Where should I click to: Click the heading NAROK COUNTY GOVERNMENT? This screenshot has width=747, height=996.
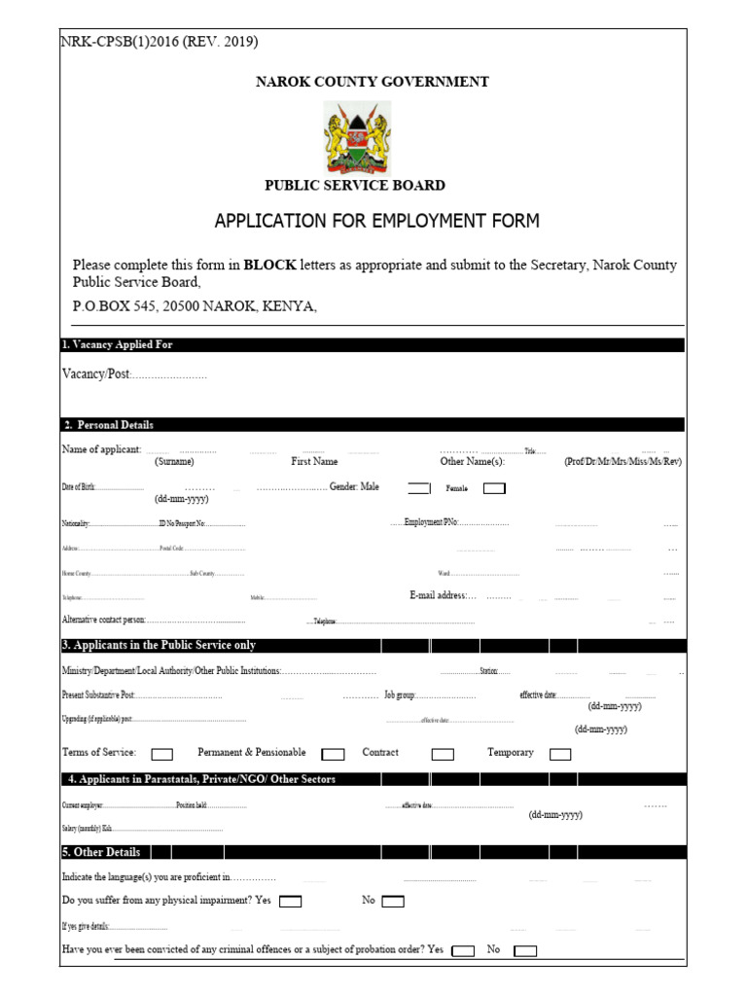tap(372, 82)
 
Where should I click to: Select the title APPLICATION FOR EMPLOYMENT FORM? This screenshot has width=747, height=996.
tap(376, 221)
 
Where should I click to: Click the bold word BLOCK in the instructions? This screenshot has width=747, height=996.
tap(269, 265)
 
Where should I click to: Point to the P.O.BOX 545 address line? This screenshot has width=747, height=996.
tap(195, 306)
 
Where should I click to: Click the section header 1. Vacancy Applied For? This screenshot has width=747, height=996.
tap(118, 345)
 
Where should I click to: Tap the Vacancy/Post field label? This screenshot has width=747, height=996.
tap(95, 374)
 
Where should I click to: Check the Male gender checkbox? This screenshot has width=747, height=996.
tap(418, 488)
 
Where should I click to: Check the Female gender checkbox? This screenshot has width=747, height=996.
tap(494, 488)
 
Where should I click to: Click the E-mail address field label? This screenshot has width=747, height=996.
tap(443, 595)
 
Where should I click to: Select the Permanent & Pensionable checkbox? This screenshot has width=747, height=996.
tap(333, 754)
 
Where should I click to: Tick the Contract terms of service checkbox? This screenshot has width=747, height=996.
tap(443, 754)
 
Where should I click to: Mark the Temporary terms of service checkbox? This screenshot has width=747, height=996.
tap(560, 754)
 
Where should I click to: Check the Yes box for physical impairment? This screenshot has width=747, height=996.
tap(290, 902)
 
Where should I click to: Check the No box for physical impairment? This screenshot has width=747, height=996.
tap(393, 902)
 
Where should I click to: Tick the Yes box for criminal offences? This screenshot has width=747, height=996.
tap(464, 951)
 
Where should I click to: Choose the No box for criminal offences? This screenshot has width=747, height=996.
tap(525, 951)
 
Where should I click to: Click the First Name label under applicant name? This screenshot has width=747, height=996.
tap(314, 462)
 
